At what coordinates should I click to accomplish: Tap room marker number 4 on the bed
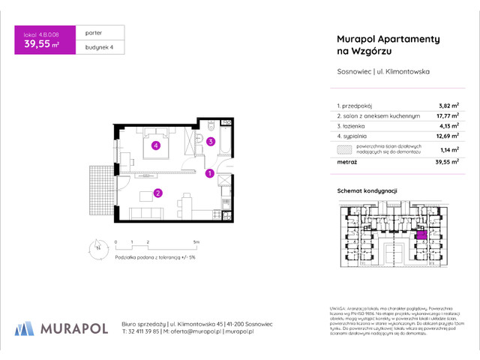[155, 145]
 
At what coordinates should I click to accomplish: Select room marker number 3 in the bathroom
[211, 140]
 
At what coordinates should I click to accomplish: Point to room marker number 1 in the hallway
[209, 174]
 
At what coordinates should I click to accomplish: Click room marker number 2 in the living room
[158, 193]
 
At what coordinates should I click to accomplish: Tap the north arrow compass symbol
[97, 247]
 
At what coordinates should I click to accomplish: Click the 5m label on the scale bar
[195, 242]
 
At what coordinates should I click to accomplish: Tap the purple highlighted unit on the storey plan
[421, 235]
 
